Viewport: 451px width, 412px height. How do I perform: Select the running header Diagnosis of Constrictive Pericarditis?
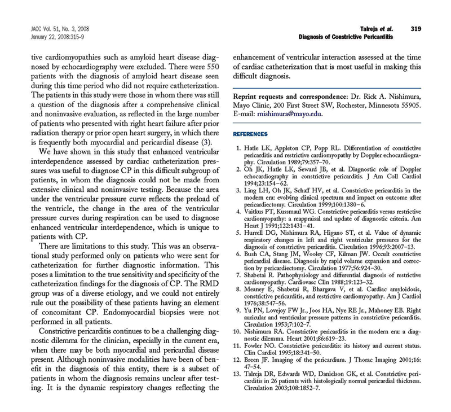tap(346, 37)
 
